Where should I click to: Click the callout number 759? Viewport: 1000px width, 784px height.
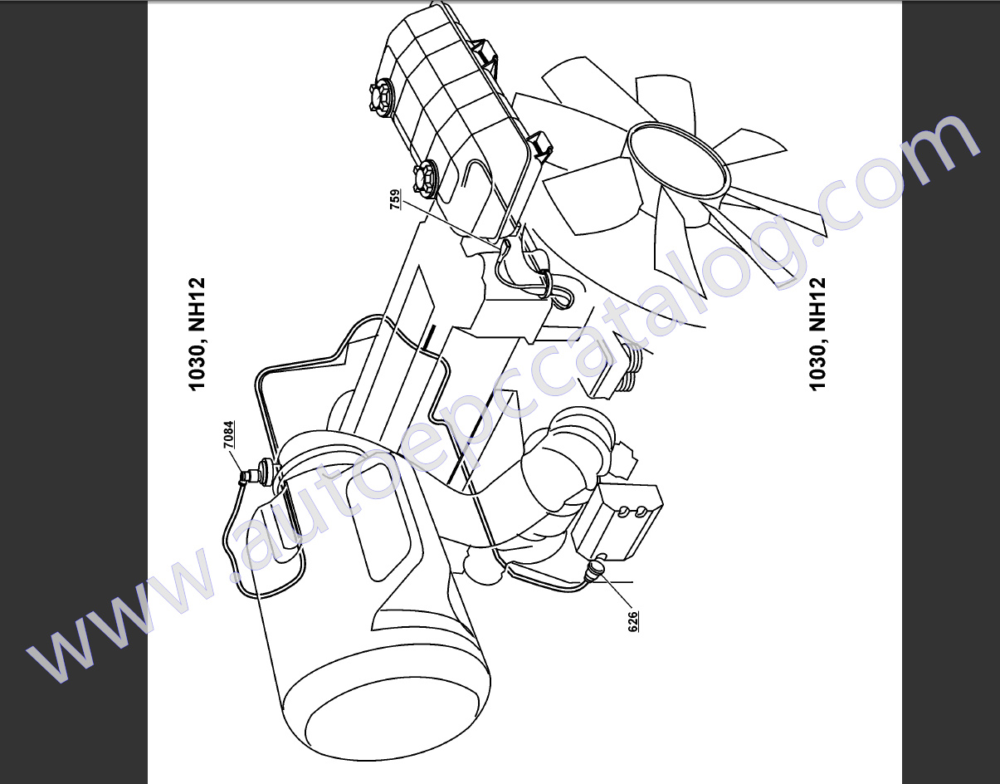click(x=395, y=200)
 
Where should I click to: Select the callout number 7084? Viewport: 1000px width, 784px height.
click(x=228, y=437)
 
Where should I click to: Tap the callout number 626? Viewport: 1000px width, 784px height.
click(x=632, y=622)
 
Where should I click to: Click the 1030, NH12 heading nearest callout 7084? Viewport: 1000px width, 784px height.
click(x=197, y=334)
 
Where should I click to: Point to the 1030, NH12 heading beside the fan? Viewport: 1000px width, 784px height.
click(x=817, y=334)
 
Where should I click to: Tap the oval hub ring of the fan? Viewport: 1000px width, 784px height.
click(x=676, y=157)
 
